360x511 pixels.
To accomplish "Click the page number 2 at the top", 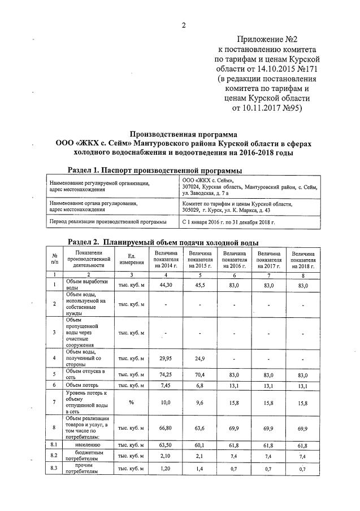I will (184, 25).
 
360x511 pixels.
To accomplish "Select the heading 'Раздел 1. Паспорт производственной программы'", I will (155, 171).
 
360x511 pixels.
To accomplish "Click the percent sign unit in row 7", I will (131, 401).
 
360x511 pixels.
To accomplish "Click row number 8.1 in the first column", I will (55, 446).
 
